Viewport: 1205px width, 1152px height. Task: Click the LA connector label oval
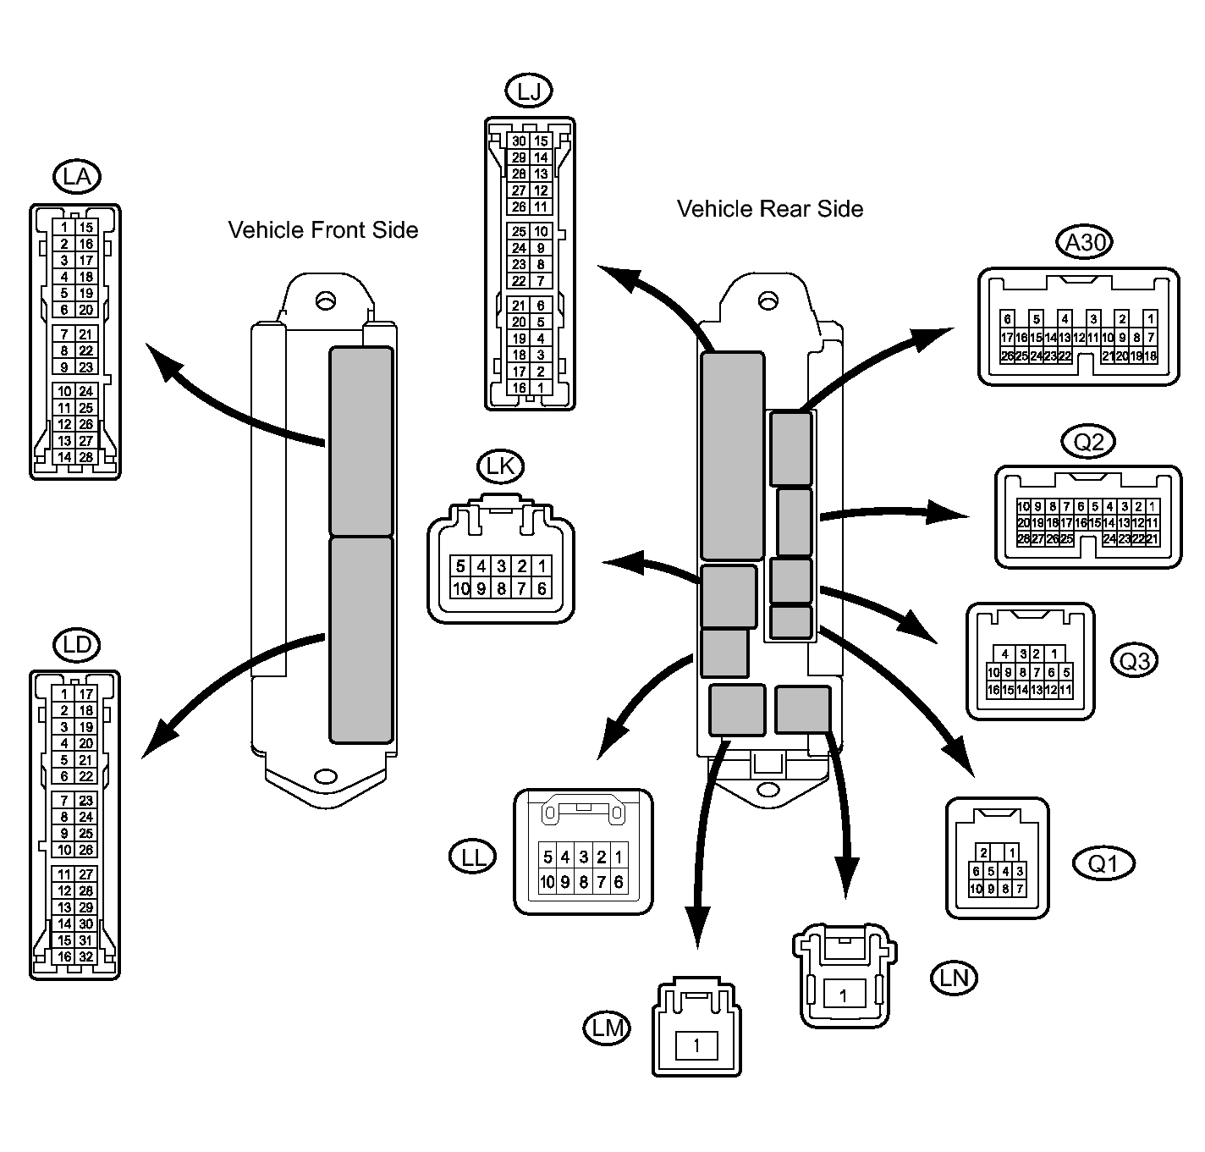[x=77, y=177]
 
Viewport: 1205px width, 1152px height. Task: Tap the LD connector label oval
[x=77, y=645]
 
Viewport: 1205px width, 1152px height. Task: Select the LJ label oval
[x=529, y=91]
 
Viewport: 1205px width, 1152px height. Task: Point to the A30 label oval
[x=1084, y=242]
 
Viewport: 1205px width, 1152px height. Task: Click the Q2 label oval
[x=1088, y=442]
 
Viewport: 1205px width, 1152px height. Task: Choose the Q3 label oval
[x=1135, y=661]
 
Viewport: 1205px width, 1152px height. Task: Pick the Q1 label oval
[x=1103, y=863]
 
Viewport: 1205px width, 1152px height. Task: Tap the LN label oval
[x=955, y=978]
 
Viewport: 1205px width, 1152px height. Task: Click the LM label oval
[x=608, y=1028]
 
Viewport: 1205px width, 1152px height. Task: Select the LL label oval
[x=472, y=857]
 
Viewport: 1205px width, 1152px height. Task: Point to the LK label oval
[x=500, y=466]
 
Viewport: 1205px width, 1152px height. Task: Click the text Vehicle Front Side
[x=323, y=229]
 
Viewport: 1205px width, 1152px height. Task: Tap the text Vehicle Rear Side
[x=770, y=209]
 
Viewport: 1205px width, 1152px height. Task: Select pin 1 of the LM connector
[x=696, y=1046]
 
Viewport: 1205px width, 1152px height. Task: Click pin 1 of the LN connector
[x=843, y=996]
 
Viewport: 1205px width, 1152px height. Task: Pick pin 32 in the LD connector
[x=86, y=956]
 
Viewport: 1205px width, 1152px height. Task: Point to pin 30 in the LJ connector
[x=519, y=141]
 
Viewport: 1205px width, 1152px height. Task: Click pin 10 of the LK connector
[x=460, y=588]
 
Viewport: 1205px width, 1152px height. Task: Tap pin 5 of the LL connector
[x=547, y=857]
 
